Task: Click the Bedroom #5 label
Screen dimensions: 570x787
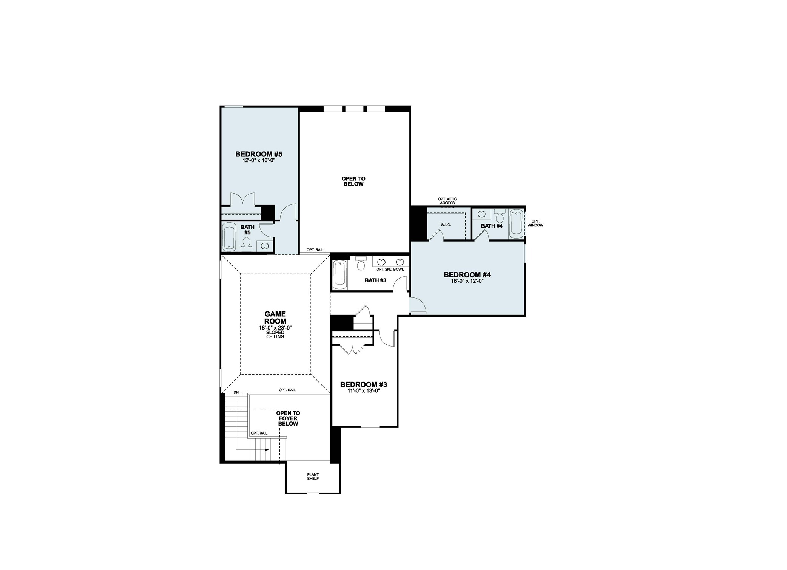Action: point(259,154)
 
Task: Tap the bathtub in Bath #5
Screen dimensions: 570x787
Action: point(229,237)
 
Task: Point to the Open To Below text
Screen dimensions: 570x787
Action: point(353,181)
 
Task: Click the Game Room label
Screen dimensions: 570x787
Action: point(275,318)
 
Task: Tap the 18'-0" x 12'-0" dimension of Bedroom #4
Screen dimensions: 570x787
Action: point(467,281)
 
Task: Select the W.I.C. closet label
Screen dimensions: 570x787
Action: point(446,225)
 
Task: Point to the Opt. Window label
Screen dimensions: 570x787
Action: point(535,223)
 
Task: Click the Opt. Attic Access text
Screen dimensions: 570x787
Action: point(447,201)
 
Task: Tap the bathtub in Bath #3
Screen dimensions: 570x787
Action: point(340,275)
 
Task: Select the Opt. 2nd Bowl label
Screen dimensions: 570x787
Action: point(390,269)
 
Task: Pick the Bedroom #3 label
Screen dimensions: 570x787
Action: point(363,385)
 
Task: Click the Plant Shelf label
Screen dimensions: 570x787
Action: point(313,477)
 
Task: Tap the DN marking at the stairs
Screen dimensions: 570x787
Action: point(236,393)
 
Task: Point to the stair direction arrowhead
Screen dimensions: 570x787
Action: point(267,450)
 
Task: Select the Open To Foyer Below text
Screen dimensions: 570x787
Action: point(288,418)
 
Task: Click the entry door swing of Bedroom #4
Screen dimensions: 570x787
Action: point(418,305)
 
